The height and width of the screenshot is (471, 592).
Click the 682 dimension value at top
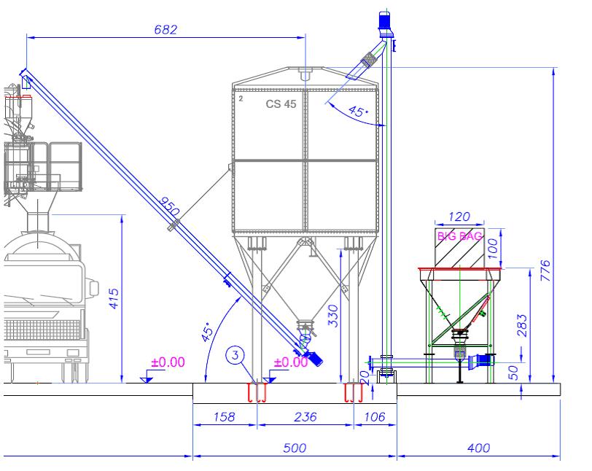coord(165,30)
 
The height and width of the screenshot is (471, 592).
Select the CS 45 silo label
coord(281,104)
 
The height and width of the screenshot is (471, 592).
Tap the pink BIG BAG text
coord(459,236)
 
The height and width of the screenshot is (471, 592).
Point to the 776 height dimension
coord(545,270)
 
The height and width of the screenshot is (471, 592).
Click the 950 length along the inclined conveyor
coord(168,206)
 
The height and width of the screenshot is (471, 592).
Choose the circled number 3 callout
coord(235,355)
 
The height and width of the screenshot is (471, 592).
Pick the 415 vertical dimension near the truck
coord(114,299)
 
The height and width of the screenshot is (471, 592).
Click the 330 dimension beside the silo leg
coord(333,316)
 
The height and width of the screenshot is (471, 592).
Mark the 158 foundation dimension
coord(225,417)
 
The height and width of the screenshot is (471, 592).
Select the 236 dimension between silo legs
coord(305,417)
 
